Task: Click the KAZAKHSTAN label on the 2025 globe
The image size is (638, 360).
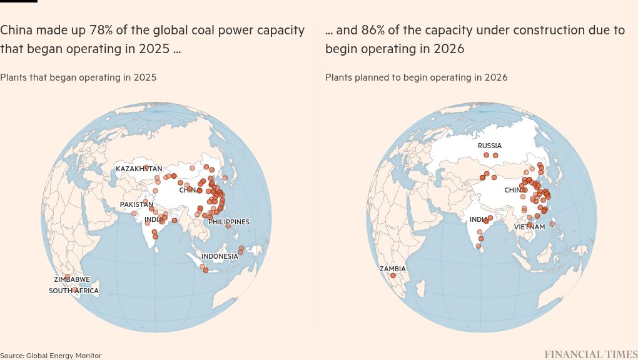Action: pyautogui.click(x=139, y=169)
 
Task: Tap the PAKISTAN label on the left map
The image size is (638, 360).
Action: pyautogui.click(x=136, y=204)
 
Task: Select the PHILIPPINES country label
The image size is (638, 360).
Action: pyautogui.click(x=229, y=222)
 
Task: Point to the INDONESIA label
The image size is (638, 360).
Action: pyautogui.click(x=220, y=256)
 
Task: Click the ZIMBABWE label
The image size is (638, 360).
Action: pyautogui.click(x=72, y=279)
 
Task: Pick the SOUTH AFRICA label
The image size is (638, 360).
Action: pyautogui.click(x=74, y=291)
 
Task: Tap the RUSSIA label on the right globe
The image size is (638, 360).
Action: pyautogui.click(x=490, y=146)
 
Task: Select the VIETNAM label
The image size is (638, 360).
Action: pyautogui.click(x=530, y=227)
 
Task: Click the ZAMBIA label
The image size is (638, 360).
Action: pyautogui.click(x=393, y=269)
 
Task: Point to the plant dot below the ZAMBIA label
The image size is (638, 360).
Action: pyautogui.click(x=393, y=276)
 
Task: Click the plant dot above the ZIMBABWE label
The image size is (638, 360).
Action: pyautogui.click(x=68, y=276)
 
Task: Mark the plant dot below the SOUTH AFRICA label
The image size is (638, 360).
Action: pyautogui.click(x=74, y=289)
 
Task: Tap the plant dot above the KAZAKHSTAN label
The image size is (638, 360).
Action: pyautogui.click(x=146, y=167)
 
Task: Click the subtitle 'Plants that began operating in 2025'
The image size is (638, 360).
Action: pyautogui.click(x=78, y=77)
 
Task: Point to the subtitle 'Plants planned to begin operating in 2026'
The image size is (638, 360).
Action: pyautogui.click(x=416, y=77)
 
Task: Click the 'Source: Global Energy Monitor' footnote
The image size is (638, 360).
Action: pyautogui.click(x=51, y=356)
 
